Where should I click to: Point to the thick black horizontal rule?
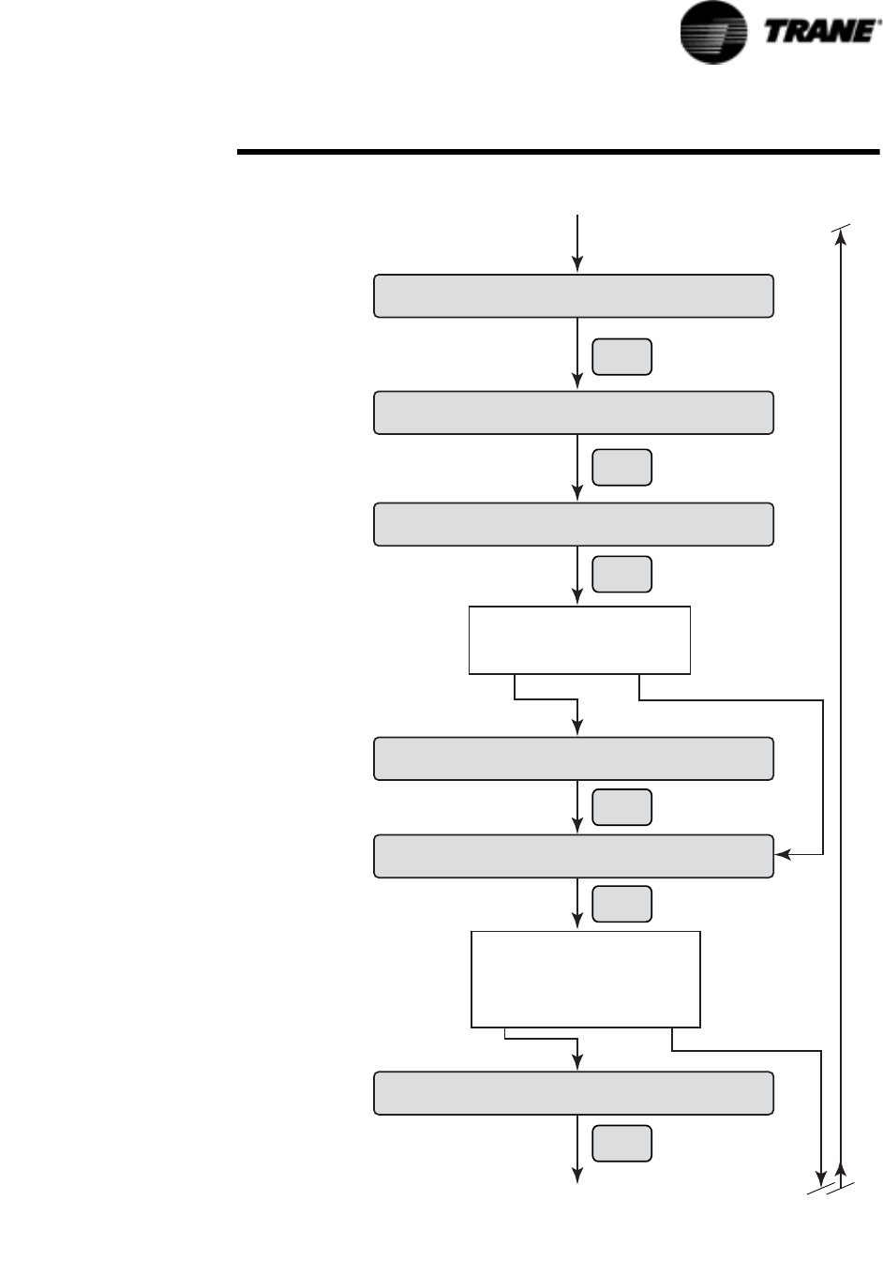559,151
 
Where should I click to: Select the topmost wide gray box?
573,296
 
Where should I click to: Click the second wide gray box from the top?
573,413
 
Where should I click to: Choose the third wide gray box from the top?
573,524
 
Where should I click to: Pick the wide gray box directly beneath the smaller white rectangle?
573,758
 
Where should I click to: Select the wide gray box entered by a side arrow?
573,855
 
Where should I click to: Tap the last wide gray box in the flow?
573,1093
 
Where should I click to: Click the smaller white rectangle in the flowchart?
579,640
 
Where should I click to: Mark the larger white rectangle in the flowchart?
586,979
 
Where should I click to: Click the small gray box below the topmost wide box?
622,357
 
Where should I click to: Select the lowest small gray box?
622,1142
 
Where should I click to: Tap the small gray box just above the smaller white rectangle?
622,574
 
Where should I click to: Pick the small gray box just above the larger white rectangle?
622,903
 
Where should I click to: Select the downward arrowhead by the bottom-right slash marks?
822,1177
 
